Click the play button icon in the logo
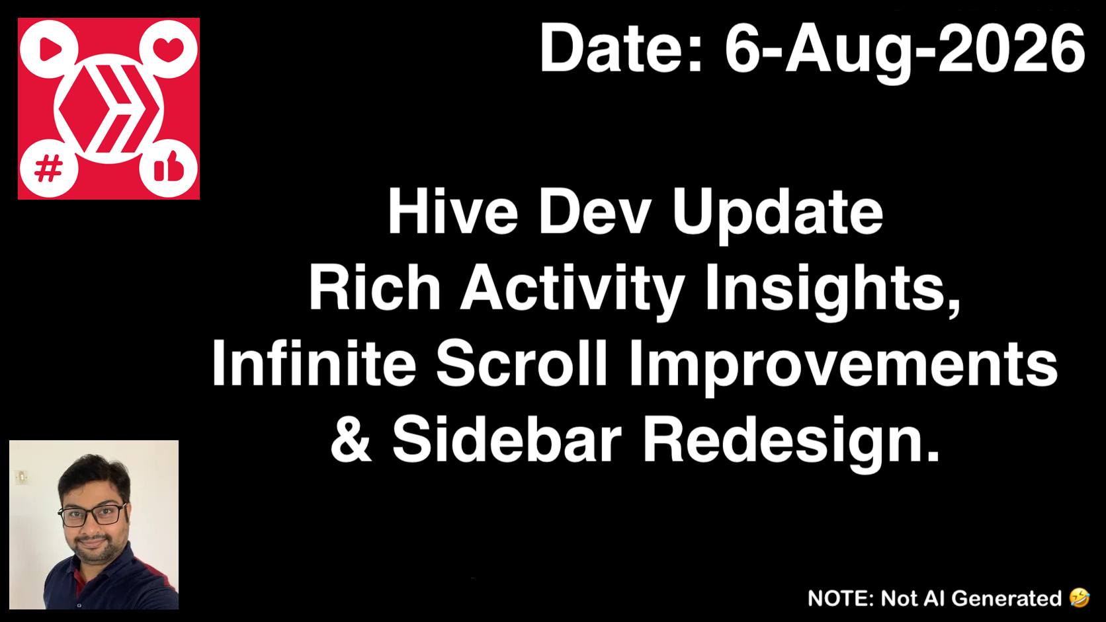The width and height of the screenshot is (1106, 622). click(x=50, y=49)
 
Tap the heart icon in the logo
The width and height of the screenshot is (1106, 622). click(x=169, y=50)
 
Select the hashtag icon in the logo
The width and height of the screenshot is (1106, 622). click(x=48, y=168)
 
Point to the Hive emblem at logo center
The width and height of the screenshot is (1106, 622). click(x=108, y=108)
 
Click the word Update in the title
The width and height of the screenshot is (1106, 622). click(x=778, y=214)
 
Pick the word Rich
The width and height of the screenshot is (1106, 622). click(x=375, y=287)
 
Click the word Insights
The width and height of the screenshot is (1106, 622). click(x=833, y=291)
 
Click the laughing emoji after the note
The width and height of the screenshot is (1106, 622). click(x=1080, y=598)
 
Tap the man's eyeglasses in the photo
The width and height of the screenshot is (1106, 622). click(x=93, y=514)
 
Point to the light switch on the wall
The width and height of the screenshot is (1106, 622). click(x=21, y=477)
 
